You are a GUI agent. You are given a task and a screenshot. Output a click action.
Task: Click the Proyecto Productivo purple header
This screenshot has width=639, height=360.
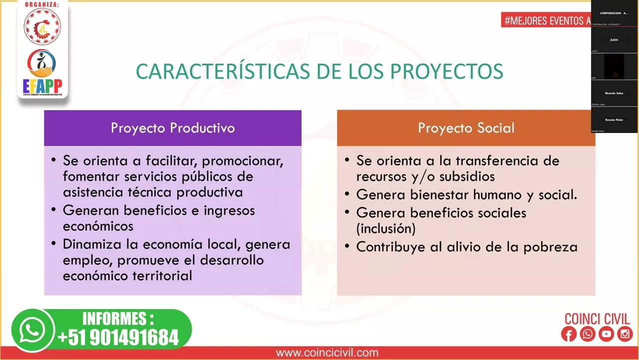pyautogui.click(x=173, y=128)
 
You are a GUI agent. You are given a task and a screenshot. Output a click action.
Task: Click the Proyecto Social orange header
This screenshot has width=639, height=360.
pyautogui.click(x=466, y=128)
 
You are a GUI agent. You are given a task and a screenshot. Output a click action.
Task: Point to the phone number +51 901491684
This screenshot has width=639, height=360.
pyautogui.click(x=118, y=337)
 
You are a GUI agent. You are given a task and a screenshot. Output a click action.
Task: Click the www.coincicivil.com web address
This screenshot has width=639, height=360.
pyautogui.click(x=327, y=353)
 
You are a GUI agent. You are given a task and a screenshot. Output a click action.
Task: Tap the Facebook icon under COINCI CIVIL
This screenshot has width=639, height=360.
pyautogui.click(x=569, y=334)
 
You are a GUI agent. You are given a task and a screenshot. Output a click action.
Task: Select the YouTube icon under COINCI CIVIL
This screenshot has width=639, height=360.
pyautogui.click(x=606, y=334)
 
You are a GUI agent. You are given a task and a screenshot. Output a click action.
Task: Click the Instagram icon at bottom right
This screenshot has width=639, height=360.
pyautogui.click(x=625, y=334)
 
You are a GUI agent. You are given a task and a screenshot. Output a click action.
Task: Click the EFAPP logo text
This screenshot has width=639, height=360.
pyautogui.click(x=42, y=85)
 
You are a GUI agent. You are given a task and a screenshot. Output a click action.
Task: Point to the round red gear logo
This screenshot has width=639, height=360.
pyautogui.click(x=42, y=26)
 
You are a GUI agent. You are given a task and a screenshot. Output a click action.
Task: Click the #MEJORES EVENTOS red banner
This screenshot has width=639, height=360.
pyautogui.click(x=546, y=20)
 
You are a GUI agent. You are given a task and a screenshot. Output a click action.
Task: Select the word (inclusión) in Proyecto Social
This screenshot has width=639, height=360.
pyautogui.click(x=386, y=229)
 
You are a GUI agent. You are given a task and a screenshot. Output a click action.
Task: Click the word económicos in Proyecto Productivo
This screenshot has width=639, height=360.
pyautogui.click(x=98, y=226)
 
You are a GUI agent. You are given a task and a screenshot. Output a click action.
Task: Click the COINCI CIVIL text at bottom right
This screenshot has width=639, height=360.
pyautogui.click(x=597, y=319)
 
